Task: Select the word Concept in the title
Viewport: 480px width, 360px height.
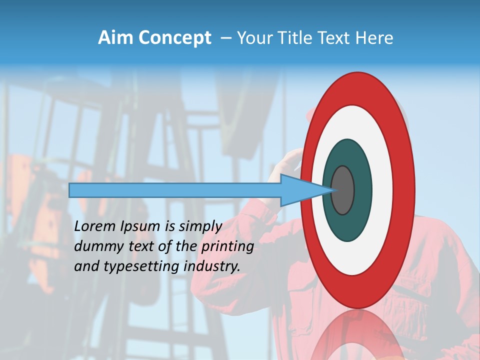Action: point(174,37)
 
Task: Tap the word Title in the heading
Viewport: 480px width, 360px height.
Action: point(298,37)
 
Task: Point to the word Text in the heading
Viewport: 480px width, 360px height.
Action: point(336,37)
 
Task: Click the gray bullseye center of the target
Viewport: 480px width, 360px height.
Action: point(343,190)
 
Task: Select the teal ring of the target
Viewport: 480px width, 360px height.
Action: point(347,225)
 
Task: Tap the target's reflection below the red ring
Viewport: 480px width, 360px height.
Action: point(357,335)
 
